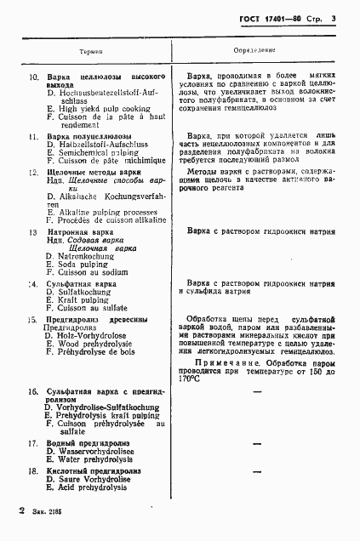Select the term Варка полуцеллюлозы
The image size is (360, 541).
point(89,136)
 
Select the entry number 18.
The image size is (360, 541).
point(33,470)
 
